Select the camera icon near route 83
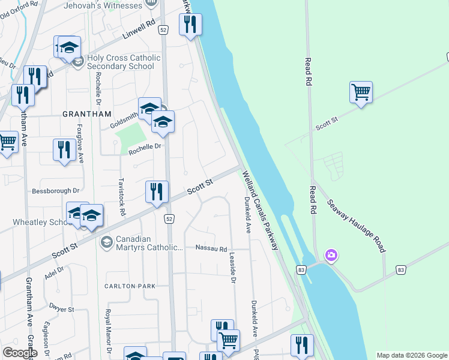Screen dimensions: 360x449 tap(331, 256)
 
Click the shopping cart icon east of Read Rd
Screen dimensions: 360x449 tap(361, 92)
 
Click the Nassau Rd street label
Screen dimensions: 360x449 tap(211, 249)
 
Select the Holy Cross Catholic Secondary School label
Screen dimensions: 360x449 tap(124, 62)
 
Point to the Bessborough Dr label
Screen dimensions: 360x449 tap(56, 191)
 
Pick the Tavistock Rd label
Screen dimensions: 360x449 tap(122, 199)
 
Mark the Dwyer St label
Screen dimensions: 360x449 tap(61, 310)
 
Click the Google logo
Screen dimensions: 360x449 tap(20, 352)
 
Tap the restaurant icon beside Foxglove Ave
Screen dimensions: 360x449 tap(64, 149)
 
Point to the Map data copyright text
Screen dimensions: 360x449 tap(412, 355)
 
